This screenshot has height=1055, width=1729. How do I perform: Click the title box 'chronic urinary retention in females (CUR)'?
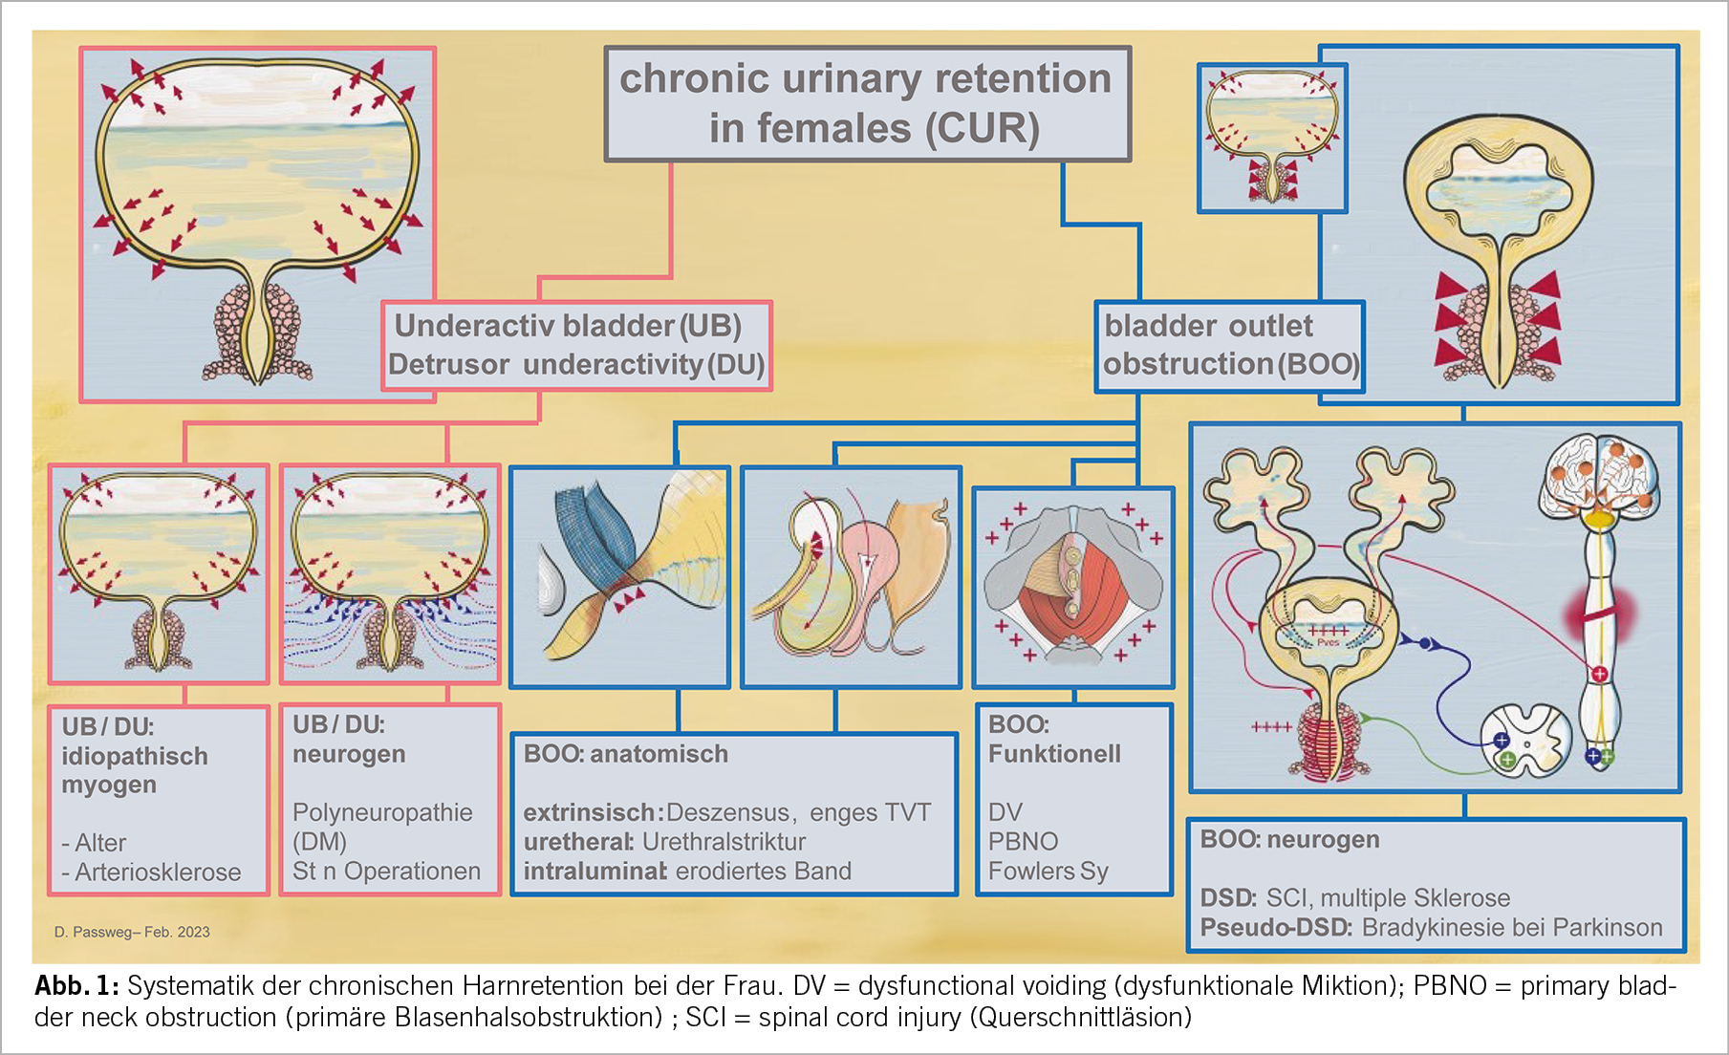tap(867, 103)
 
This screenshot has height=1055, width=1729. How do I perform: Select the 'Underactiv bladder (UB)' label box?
tap(576, 345)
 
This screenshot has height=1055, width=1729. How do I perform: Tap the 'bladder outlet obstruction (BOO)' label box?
tap(1229, 345)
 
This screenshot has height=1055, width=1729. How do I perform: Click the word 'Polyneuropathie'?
tap(382, 812)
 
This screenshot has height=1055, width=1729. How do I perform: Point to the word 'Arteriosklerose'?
tap(158, 872)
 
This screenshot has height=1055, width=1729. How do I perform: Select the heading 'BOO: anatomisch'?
tap(626, 754)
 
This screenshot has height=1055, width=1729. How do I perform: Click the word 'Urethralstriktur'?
tap(724, 842)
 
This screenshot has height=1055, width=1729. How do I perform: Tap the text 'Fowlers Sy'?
tap(1048, 872)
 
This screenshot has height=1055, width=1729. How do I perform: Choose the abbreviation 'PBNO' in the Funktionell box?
tap(1023, 842)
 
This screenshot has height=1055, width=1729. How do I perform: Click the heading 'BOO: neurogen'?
tap(1289, 840)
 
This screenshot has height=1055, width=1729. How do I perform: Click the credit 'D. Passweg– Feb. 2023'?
tap(132, 932)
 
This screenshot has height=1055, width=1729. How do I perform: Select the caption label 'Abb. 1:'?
tap(76, 986)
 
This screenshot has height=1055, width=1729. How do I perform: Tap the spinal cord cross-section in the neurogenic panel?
tap(1525, 741)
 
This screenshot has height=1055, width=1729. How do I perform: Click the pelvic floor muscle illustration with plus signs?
tap(1072, 586)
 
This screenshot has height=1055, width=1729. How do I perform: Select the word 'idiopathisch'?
tap(135, 756)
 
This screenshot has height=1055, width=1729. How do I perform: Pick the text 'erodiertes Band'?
tap(763, 872)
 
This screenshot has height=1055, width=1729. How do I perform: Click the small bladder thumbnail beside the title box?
tap(1272, 138)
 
